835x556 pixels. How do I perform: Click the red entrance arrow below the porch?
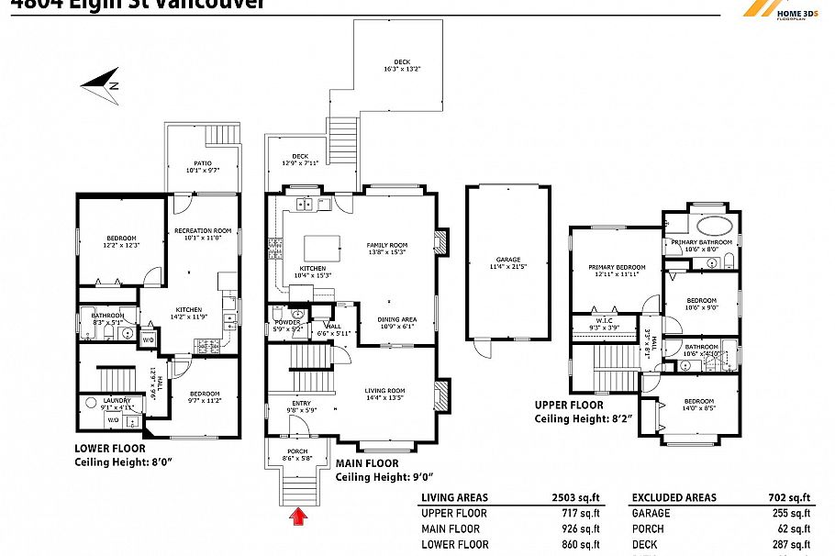[297, 519]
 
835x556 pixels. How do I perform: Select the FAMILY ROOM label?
[386, 245]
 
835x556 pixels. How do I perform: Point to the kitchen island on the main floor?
[319, 248]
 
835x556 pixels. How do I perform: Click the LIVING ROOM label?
[385, 390]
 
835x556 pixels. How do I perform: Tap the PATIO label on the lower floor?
[202, 163]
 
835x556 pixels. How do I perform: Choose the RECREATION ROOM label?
[203, 230]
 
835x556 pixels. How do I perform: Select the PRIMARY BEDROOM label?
[617, 267]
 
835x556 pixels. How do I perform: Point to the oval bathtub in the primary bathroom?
[712, 228]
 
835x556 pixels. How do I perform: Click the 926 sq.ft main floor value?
[580, 528]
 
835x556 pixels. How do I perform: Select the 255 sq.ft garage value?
[794, 514]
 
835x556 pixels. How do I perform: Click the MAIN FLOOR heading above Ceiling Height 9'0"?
[368, 464]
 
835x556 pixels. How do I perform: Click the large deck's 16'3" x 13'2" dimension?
[401, 69]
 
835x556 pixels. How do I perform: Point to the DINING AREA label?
[396, 319]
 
